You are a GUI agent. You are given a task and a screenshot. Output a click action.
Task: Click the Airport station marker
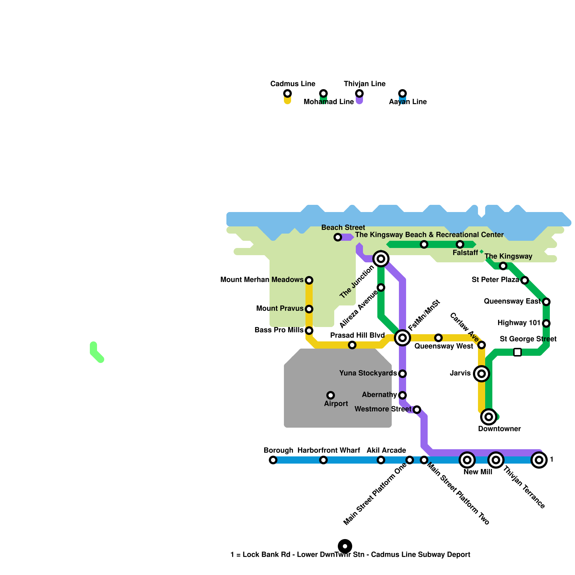coord(331,395)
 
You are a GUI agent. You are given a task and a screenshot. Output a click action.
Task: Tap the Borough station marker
coord(273,460)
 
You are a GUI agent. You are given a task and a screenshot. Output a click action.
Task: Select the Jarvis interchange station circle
coord(482,374)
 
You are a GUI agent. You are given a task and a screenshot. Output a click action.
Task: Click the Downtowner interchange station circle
coord(489,417)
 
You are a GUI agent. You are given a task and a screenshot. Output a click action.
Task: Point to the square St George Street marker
coord(517,352)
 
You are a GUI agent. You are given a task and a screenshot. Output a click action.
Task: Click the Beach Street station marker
coord(338,237)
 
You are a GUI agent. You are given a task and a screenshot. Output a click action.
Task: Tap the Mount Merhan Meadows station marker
coord(309,280)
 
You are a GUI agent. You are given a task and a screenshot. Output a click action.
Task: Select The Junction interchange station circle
coord(381,259)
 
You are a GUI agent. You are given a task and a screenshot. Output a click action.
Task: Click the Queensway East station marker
coord(546,302)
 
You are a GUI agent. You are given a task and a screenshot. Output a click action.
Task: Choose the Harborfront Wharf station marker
coord(323,460)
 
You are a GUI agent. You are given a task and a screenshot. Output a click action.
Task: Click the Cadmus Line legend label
coord(293,84)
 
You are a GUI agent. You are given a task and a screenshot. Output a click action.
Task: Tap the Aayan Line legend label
coord(408,102)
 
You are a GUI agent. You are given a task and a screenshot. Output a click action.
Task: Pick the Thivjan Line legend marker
coord(359,94)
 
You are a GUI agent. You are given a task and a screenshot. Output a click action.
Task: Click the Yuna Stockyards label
coord(368,373)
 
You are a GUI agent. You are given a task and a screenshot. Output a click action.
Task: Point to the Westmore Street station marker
coord(417,410)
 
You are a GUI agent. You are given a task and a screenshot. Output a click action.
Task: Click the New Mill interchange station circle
coord(467,460)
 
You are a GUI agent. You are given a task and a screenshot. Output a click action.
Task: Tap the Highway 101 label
coord(519,323)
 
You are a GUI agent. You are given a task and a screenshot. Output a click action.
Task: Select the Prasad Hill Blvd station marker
coord(352,345)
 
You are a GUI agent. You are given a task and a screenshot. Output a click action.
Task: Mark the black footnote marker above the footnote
coord(345,546)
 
